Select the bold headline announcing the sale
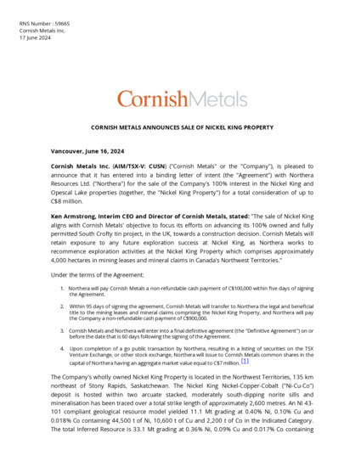click(181, 127)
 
